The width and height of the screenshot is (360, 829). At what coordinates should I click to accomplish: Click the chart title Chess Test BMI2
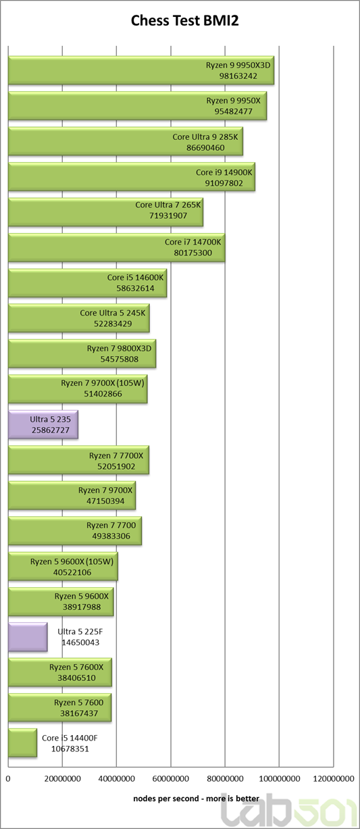184,21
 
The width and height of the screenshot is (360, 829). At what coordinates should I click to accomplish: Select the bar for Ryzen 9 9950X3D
141,70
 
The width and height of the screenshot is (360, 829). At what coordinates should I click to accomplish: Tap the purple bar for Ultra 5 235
43,424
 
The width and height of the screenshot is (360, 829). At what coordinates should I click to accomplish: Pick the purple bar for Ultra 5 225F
28,637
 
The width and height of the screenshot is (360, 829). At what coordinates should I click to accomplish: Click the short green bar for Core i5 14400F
22,743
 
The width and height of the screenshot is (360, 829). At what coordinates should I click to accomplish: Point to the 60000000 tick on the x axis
171,779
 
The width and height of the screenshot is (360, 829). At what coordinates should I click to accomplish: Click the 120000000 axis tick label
334,779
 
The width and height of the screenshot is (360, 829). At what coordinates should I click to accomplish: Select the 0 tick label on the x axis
8,779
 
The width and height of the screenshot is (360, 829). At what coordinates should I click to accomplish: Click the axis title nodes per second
196,799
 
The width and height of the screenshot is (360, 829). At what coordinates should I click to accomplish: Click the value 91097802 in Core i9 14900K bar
224,183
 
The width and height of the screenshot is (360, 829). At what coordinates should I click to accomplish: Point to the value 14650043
80,643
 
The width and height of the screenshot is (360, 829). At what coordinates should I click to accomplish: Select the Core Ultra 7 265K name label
168,205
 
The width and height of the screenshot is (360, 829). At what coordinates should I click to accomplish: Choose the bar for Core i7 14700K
117,247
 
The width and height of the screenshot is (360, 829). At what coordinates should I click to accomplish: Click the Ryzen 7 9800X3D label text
119,348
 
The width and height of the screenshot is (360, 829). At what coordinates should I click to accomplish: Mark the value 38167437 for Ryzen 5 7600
79,713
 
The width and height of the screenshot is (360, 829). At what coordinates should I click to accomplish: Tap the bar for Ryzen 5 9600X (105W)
63,567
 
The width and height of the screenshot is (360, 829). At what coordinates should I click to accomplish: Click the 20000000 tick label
62,779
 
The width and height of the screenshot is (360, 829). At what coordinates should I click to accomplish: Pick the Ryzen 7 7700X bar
78,460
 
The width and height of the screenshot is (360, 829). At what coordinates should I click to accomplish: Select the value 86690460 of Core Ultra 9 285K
205,148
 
